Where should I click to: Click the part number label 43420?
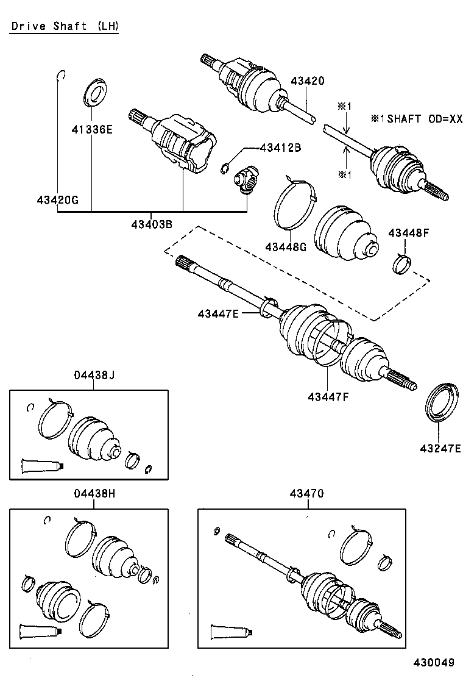click(307, 81)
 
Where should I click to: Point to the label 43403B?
click(151, 224)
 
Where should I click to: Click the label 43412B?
click(281, 148)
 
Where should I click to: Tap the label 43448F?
click(409, 232)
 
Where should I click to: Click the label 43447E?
click(218, 313)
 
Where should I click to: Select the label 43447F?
click(328, 397)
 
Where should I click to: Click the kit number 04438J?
click(94, 376)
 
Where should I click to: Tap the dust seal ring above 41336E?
click(93, 92)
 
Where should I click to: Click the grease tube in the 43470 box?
click(231, 630)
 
